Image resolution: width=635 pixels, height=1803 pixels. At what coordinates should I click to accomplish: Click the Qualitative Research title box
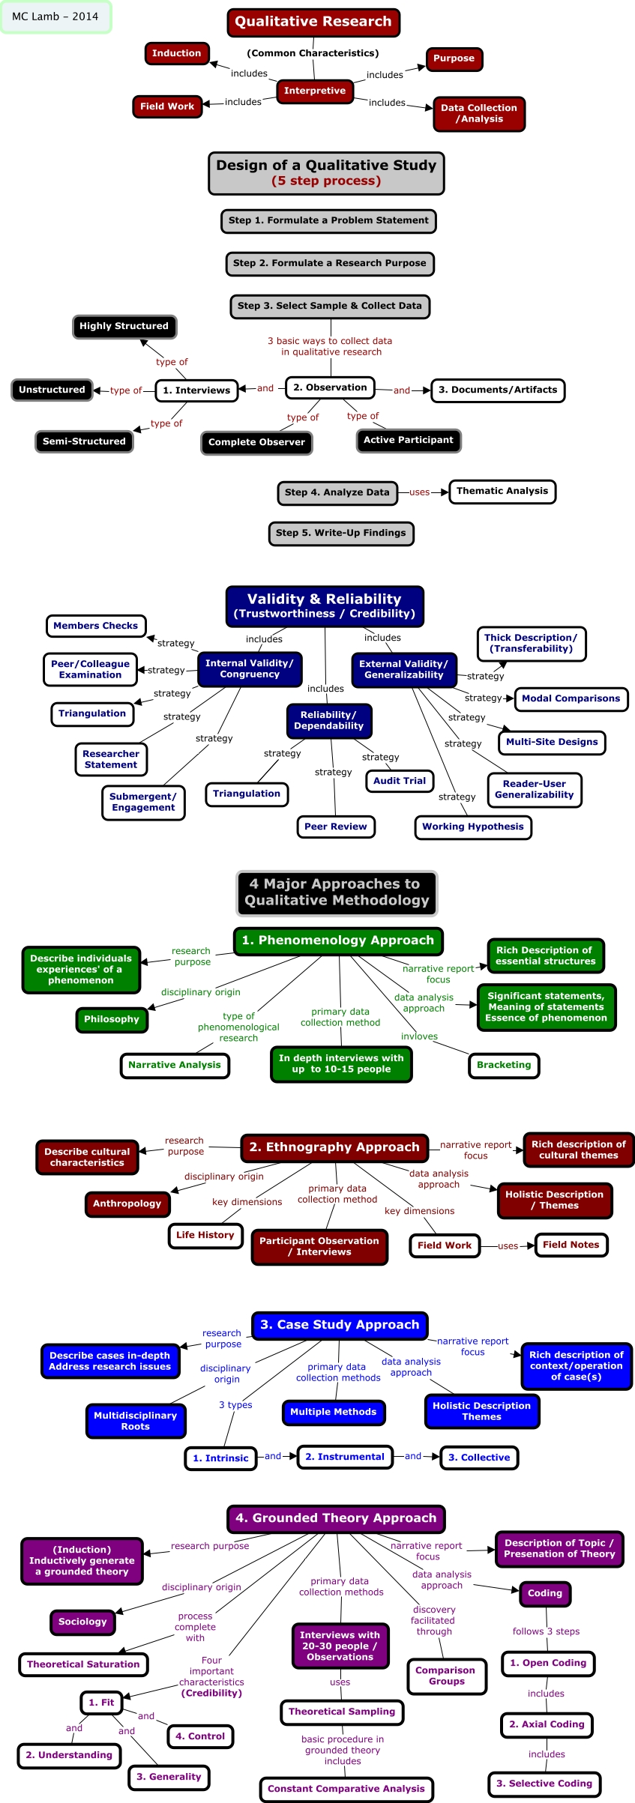click(x=313, y=22)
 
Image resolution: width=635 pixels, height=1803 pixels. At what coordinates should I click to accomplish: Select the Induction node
click(x=177, y=53)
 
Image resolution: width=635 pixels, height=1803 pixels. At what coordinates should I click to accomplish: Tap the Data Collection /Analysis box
click(x=479, y=113)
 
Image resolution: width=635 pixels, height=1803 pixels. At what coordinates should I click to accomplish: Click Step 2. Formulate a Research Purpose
click(x=330, y=263)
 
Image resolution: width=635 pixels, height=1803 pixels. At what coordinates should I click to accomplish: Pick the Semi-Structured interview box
click(x=84, y=441)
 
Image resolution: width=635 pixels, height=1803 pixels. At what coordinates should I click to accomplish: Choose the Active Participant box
click(x=409, y=440)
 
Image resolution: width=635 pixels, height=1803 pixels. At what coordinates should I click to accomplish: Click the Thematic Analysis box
click(x=502, y=491)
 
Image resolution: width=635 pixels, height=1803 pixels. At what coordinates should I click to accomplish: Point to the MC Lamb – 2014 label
click(x=55, y=16)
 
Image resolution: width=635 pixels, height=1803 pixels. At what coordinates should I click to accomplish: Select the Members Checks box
click(x=96, y=626)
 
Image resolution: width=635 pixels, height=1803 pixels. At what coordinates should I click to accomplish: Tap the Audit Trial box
click(x=400, y=781)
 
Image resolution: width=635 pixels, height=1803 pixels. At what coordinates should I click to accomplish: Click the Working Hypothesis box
click(x=473, y=827)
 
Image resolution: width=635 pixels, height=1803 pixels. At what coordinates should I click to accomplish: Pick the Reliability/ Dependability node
click(x=329, y=720)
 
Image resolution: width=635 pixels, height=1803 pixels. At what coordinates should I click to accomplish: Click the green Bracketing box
click(x=504, y=1065)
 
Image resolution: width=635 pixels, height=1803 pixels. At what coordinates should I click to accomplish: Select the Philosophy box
click(x=112, y=1019)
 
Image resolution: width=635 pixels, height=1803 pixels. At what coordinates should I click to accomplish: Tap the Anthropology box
click(x=127, y=1203)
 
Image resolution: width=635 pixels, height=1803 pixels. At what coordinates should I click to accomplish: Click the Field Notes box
click(x=571, y=1245)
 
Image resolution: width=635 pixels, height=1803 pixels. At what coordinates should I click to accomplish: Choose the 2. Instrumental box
click(x=345, y=1457)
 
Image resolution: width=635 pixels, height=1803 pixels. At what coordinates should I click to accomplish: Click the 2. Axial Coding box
click(x=547, y=1724)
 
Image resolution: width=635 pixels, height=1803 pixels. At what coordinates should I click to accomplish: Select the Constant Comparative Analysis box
click(x=346, y=1789)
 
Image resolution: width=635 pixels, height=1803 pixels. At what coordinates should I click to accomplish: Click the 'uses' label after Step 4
click(x=420, y=492)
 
